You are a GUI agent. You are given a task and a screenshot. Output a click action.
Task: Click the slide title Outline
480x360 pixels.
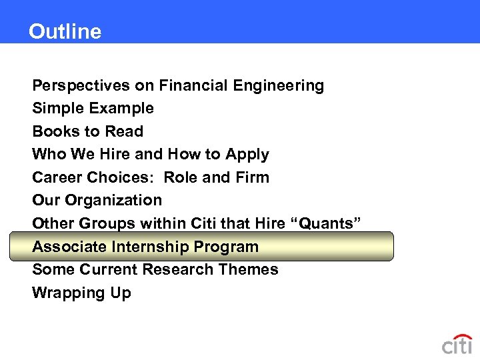pos(65,31)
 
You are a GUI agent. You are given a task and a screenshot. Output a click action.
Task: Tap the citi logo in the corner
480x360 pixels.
pos(457,345)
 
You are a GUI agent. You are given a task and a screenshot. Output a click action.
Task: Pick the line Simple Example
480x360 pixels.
pos(93,108)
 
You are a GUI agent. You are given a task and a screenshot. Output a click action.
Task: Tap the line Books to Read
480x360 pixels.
pos(87,131)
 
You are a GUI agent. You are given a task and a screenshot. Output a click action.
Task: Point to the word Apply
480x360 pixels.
pos(247,154)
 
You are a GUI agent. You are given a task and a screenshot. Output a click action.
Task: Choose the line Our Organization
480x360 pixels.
pos(97,200)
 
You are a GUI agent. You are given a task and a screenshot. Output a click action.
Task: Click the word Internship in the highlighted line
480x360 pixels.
pos(150,247)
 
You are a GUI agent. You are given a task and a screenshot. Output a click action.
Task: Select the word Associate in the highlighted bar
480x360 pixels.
pos(69,247)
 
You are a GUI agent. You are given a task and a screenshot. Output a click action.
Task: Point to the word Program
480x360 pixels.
pos(226,247)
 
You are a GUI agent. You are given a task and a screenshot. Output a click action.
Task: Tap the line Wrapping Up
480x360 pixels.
pos(81,293)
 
